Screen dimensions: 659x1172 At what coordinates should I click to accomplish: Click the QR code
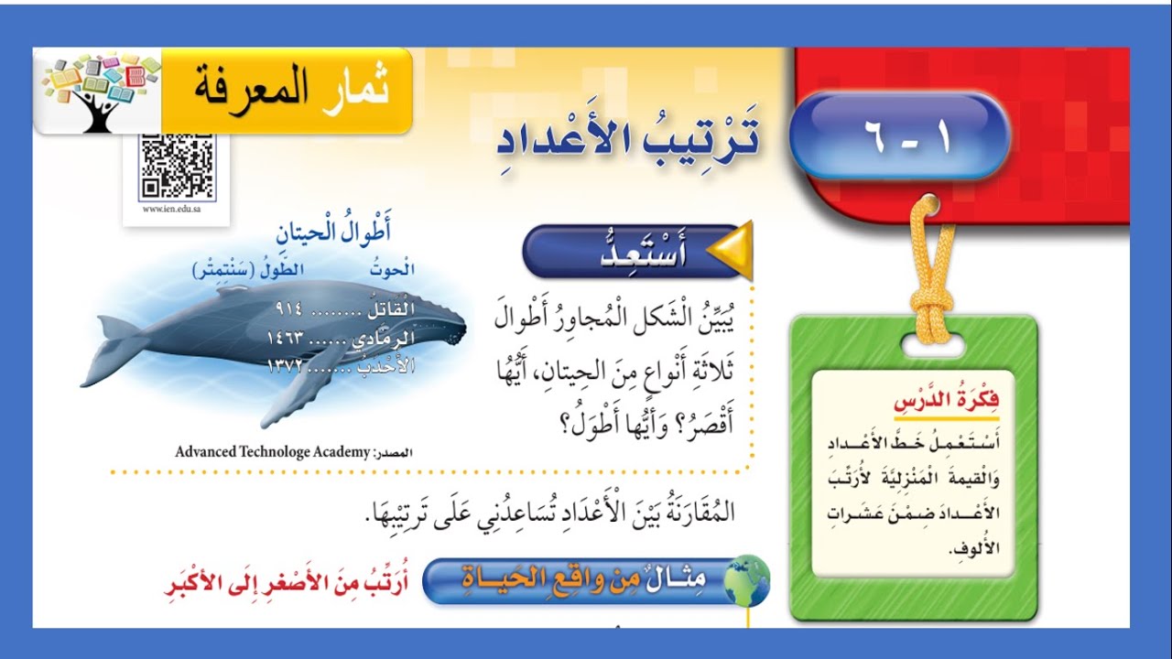point(177,167)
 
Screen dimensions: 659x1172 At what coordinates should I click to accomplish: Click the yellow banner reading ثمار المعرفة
point(287,92)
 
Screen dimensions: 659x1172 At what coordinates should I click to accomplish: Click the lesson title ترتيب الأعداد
point(630,137)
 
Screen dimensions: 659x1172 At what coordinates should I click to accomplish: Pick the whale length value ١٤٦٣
point(287,339)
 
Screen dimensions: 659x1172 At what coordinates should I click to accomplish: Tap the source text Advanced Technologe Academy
point(272,451)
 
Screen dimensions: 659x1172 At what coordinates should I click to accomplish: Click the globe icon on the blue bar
point(747,579)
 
